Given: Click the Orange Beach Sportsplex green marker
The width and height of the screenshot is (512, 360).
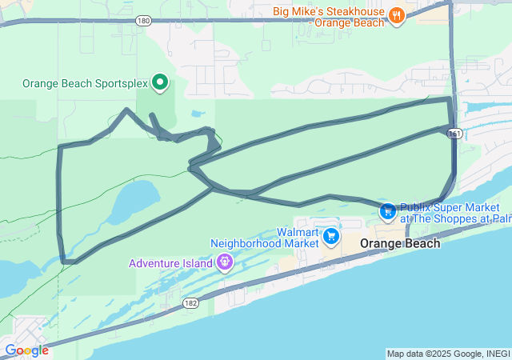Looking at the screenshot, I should pos(159,82).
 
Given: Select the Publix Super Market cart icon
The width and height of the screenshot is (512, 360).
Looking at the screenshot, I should pos(387,211).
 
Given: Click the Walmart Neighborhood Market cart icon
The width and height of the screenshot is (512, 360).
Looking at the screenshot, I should pos(331,236).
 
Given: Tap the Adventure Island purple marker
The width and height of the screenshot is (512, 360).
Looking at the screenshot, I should pos(225,262).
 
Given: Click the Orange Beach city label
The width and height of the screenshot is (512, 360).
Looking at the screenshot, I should pos(399,243).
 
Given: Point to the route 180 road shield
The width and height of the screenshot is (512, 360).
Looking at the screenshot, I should pos(142,21).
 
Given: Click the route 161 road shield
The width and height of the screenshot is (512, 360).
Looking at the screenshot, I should pos(454,134).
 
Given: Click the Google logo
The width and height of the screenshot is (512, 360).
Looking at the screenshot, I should pos(26,350).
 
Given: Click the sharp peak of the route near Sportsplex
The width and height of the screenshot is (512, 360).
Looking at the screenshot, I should pos(126,110).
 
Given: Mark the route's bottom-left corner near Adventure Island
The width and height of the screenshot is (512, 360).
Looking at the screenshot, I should pos(65,260).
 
